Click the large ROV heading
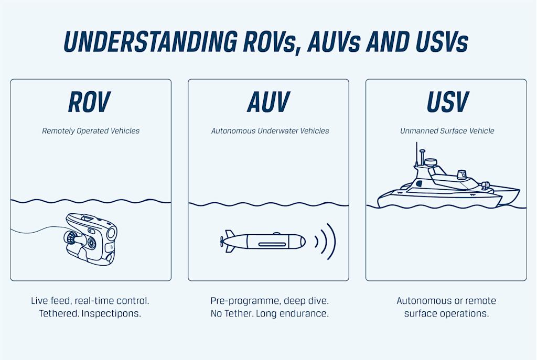[89, 102]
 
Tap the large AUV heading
[268, 102]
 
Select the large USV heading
[447, 102]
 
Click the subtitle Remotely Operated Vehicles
[91, 130]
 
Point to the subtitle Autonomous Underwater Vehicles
[270, 130]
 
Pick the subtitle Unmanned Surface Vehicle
[447, 130]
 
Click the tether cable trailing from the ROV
[37, 230]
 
